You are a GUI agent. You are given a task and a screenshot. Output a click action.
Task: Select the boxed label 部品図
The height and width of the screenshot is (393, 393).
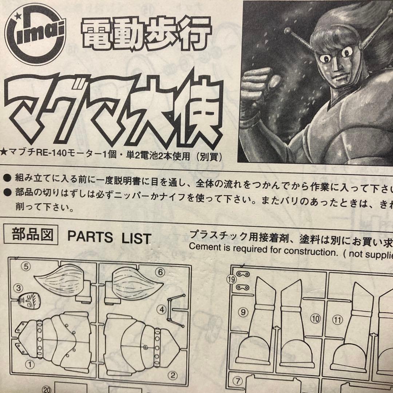point(31,235)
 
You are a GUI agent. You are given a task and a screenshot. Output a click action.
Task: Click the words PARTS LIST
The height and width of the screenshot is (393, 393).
point(109,238)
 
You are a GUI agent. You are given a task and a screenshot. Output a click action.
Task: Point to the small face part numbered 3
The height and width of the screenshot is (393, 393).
point(29,301)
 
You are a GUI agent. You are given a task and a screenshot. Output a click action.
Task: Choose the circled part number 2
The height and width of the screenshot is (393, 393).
point(173,375)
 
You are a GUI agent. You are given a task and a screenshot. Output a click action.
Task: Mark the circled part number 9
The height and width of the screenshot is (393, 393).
point(243,311)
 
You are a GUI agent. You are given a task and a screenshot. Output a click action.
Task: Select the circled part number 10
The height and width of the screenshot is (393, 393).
point(315,319)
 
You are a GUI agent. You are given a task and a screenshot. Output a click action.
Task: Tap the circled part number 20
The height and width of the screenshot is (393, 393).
point(47,389)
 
